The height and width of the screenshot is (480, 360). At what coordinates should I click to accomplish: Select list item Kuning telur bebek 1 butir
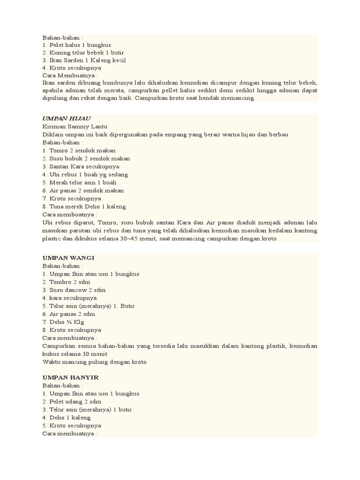[x=83, y=52]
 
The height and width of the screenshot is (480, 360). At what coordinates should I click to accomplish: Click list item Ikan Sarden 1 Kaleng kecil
[x=84, y=60]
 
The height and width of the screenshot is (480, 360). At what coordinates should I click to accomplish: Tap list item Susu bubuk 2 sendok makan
[x=86, y=158]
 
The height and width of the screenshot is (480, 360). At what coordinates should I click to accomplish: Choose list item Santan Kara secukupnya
[x=81, y=166]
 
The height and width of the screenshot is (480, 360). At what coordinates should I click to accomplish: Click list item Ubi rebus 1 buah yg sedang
[x=85, y=174]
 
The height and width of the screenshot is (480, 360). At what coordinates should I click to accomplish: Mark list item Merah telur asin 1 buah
[x=79, y=182]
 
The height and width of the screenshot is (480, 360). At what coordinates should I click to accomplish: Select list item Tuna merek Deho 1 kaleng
[x=84, y=206]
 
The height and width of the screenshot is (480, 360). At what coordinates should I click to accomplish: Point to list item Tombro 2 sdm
[x=66, y=282]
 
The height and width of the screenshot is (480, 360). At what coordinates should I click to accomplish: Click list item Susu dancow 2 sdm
[x=74, y=290]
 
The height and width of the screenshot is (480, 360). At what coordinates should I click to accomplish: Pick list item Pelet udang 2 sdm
[x=72, y=401]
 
